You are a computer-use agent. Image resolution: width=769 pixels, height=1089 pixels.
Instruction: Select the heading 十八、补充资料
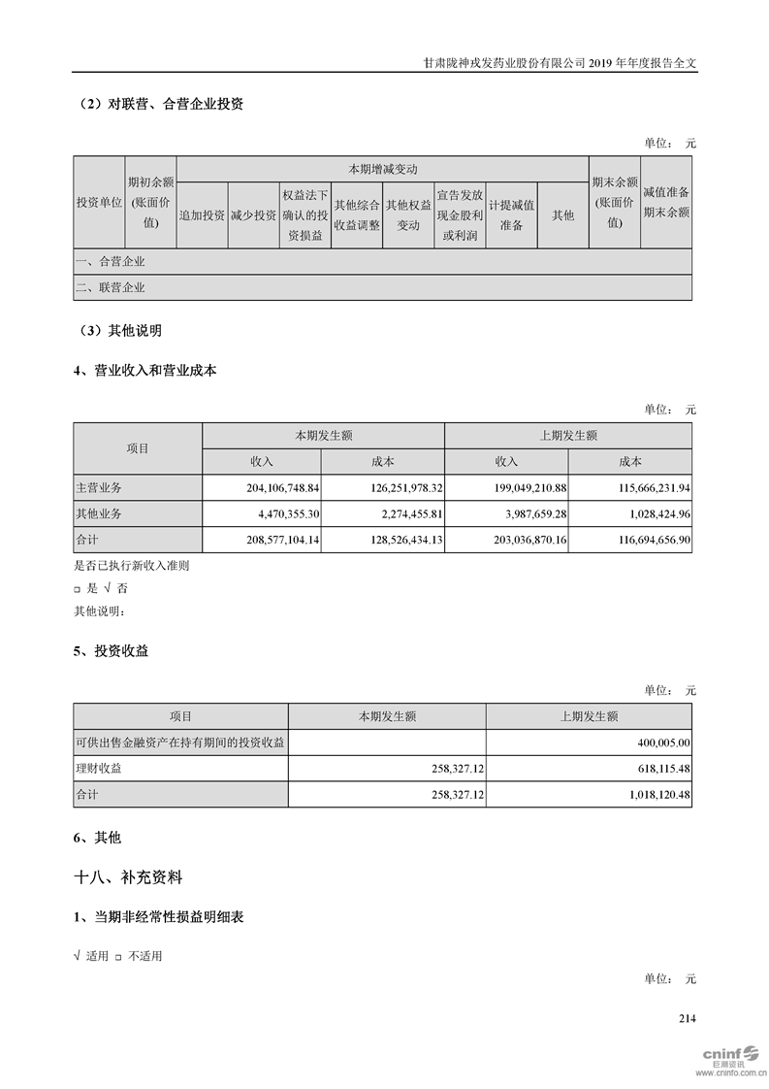tap(128, 877)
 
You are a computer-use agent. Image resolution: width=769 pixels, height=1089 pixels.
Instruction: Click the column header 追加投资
tap(202, 215)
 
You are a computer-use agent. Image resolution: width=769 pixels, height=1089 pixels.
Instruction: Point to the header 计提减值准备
tap(511, 215)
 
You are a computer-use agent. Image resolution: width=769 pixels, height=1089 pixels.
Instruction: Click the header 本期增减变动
tap(383, 169)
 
